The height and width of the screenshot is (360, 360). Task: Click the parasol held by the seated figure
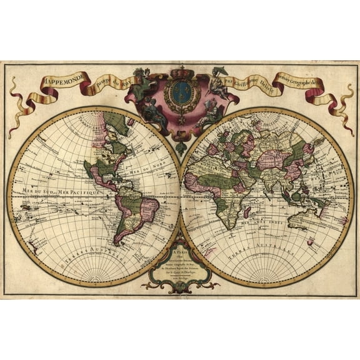coord(220,71)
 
